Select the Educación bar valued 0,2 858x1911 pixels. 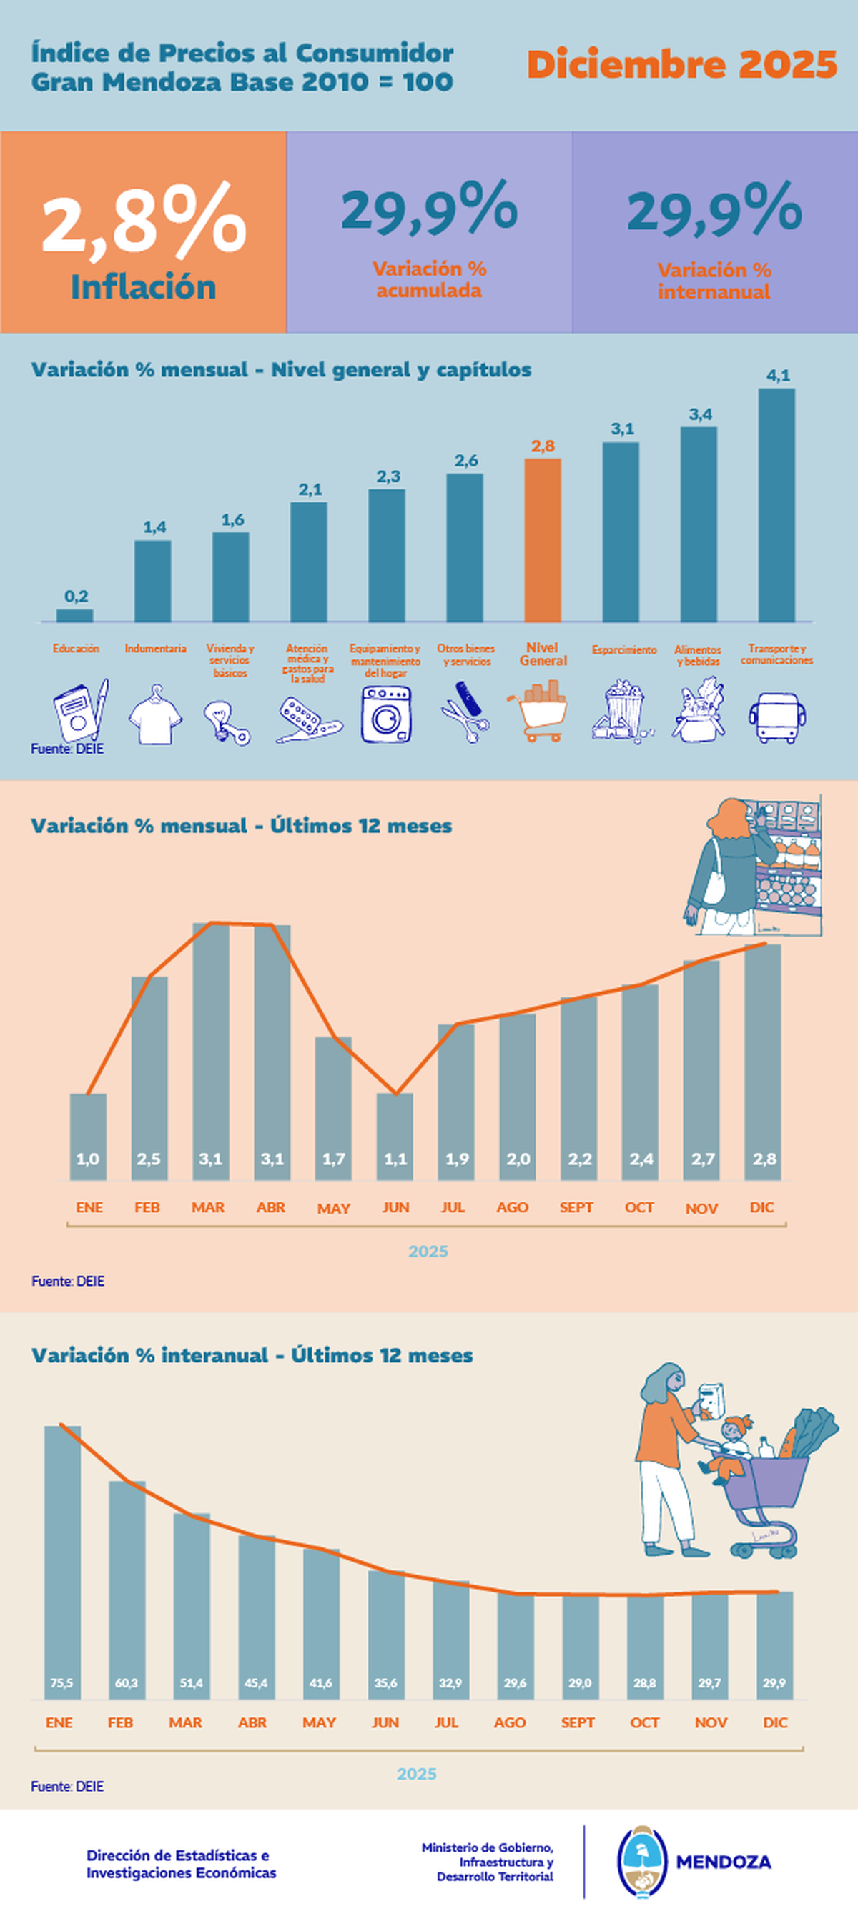(x=75, y=615)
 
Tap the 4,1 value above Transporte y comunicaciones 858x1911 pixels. (x=778, y=375)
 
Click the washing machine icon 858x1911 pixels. (x=386, y=714)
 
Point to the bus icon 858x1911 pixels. (x=777, y=717)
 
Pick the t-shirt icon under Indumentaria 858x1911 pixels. (x=154, y=716)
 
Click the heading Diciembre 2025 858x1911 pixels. (x=682, y=64)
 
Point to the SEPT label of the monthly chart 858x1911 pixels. (x=576, y=1207)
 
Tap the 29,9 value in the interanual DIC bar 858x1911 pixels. (x=774, y=1683)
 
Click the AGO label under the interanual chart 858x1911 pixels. (x=510, y=1722)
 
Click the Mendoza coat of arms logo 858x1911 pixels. (x=643, y=1861)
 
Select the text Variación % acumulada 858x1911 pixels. (x=429, y=279)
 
